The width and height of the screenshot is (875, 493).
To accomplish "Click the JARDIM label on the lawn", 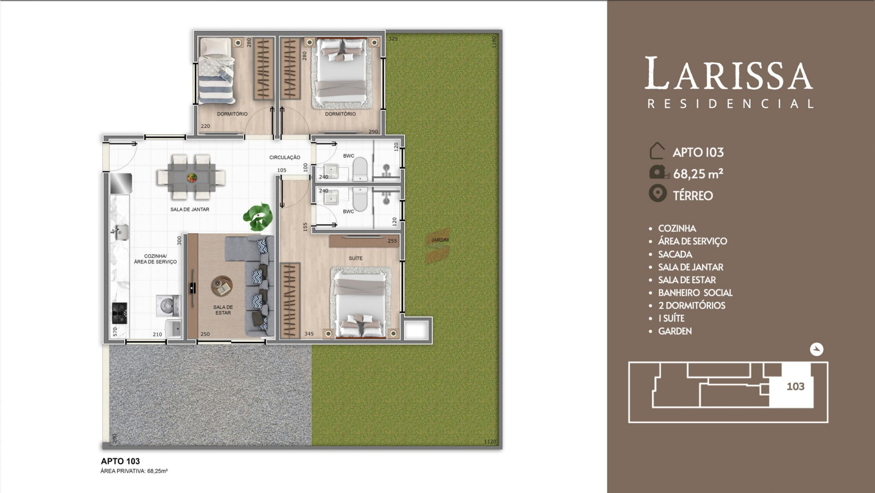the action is point(440,240).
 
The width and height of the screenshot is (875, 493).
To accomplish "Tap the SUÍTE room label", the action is point(355,258).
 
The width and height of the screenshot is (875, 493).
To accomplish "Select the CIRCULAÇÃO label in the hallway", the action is point(285,157).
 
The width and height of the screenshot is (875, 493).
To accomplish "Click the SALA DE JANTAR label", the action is point(190,209).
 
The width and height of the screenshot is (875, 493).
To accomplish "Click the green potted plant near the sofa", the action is point(258,217).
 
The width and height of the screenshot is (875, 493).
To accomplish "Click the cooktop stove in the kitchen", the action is point(120,313).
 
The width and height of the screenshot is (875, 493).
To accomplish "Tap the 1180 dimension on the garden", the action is point(494,42).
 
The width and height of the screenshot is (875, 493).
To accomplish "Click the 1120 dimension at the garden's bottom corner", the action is point(490,442).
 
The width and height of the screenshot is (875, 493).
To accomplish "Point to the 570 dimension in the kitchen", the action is point(115,332).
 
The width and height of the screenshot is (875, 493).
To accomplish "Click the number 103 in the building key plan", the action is point(795,387).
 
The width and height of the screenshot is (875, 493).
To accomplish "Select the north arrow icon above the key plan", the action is point(817,349).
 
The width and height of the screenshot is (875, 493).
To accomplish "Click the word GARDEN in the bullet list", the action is point(675,331).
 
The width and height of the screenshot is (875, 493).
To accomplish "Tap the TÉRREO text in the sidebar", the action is point(693,196).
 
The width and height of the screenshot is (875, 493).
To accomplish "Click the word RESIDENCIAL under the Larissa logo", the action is point(731,104).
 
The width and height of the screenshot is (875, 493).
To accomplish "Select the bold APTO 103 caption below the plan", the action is point(120,461).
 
